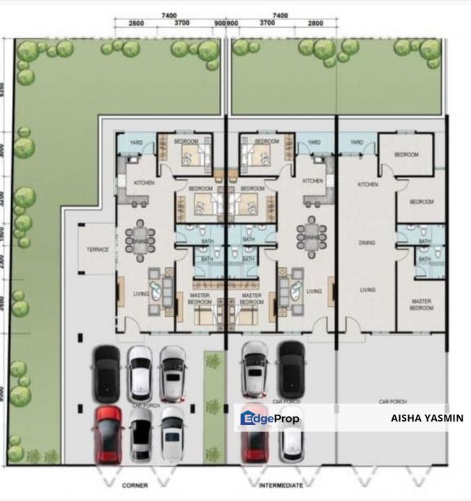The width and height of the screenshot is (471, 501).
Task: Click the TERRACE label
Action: [x=97, y=248]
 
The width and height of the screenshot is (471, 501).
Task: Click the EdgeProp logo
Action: [x=270, y=418]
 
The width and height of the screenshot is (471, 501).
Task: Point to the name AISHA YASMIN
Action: [x=427, y=418]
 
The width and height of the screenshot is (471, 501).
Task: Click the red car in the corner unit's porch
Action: [x=107, y=435]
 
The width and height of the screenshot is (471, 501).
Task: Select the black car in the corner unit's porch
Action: [x=107, y=370]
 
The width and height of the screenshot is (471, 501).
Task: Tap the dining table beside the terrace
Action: [x=140, y=236]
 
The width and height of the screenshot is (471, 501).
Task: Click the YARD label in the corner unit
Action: [x=137, y=143]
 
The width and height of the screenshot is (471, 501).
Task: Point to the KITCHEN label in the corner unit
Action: [x=144, y=182]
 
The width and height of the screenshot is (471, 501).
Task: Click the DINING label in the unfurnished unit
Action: [x=367, y=243]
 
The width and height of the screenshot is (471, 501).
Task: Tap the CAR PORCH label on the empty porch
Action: [x=392, y=401]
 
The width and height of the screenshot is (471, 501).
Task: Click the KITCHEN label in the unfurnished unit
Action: [x=367, y=184]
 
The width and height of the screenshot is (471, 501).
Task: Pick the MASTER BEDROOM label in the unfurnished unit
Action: [x=421, y=305]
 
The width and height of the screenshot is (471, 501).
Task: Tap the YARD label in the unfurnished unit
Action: [x=357, y=143]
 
